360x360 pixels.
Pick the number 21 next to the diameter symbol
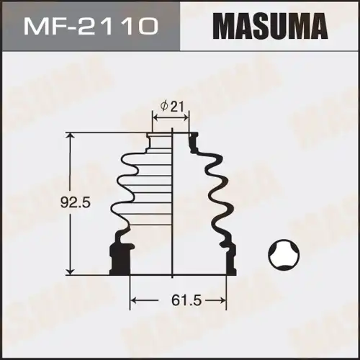tap(179, 106)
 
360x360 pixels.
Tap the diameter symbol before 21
tap(165, 106)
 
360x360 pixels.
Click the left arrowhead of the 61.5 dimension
tap(132, 299)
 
